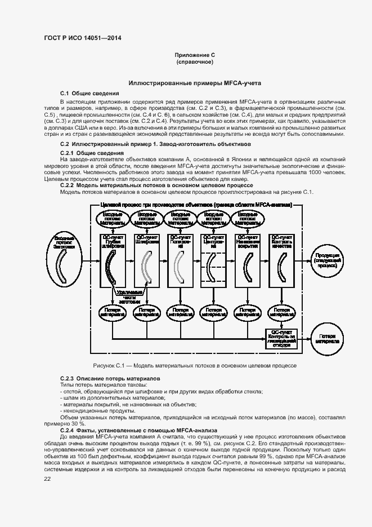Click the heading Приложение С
point(194,55)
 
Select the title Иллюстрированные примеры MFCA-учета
point(194,83)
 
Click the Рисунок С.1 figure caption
point(194,365)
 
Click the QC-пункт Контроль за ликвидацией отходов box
point(281,338)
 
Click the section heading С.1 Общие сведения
point(89,92)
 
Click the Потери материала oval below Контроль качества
point(281,311)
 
